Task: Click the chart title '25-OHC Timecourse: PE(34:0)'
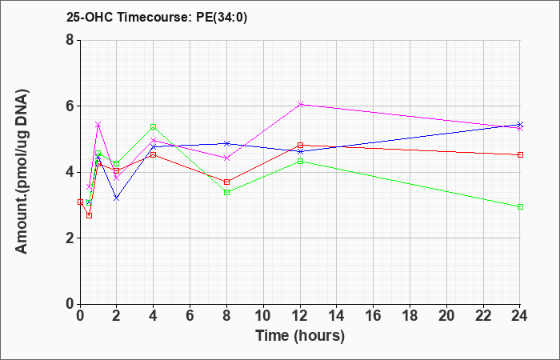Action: point(157,18)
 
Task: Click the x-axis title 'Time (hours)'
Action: point(300,336)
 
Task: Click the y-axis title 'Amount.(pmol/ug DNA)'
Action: point(22,171)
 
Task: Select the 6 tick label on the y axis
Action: point(70,106)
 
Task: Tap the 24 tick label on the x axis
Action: point(519,316)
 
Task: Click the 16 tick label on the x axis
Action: point(373,316)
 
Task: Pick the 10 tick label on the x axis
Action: point(263,316)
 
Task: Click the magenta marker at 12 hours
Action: point(300,104)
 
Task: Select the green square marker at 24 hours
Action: point(520,206)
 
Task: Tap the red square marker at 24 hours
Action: point(520,154)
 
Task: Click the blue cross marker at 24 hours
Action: point(520,124)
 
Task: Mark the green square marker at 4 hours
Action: point(154,126)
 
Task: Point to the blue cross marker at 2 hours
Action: point(117,198)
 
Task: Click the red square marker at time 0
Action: point(80,202)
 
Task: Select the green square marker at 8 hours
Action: point(226,193)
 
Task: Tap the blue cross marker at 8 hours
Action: point(226,143)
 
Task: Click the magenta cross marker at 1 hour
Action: point(98,124)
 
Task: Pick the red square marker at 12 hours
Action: point(300,146)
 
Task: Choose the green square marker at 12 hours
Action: point(300,162)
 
